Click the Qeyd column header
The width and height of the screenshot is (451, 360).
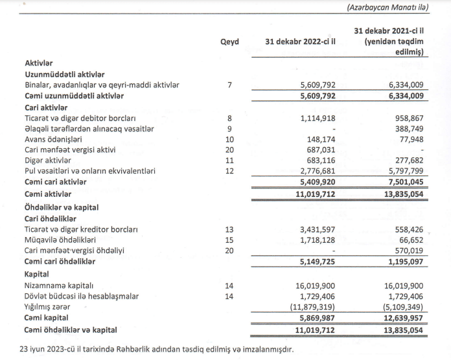pyautogui.click(x=229, y=42)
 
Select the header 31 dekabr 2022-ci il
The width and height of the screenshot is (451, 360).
pyautogui.click(x=299, y=42)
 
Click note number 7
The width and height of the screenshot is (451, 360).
pyautogui.click(x=229, y=85)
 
